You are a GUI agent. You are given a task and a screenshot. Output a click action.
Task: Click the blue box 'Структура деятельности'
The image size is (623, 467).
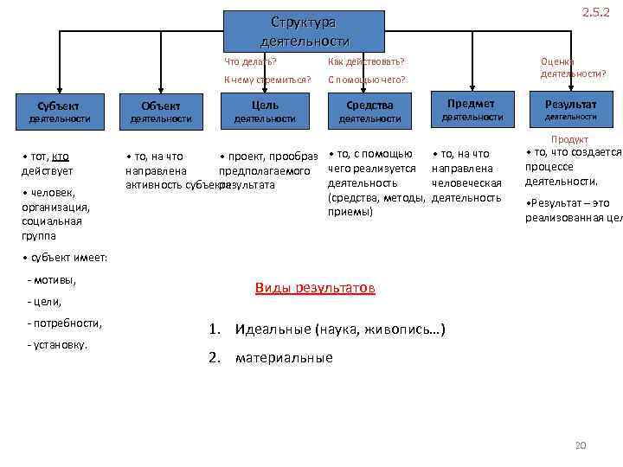(304, 32)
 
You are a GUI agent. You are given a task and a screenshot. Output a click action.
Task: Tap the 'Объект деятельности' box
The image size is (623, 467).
(159, 112)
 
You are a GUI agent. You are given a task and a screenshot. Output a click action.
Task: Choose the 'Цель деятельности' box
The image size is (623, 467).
(264, 112)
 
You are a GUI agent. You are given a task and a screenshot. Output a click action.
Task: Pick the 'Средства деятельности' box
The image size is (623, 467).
(369, 112)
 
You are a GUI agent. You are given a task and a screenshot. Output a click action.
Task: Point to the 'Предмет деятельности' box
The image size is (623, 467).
(472, 110)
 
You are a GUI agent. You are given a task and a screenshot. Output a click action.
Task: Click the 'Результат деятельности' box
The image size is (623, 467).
(570, 110)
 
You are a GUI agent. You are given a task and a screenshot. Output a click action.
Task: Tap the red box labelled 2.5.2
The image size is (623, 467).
(595, 13)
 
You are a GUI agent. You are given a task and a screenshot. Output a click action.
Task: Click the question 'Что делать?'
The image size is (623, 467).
(250, 61)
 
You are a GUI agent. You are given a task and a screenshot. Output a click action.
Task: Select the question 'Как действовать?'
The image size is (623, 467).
(367, 61)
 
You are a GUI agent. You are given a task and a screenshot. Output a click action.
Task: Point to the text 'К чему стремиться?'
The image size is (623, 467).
(267, 80)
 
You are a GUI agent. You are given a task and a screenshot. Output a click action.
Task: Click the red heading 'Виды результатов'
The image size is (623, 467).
(315, 288)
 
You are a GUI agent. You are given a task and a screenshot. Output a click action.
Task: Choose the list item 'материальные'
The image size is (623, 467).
(284, 357)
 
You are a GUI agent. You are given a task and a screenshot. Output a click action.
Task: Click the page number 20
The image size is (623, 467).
(581, 445)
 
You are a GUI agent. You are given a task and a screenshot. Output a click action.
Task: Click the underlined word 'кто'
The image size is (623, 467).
(61, 157)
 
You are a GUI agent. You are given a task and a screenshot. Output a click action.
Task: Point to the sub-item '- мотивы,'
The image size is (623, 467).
(52, 279)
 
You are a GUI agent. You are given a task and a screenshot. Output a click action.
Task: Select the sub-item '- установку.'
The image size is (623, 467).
(59, 344)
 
